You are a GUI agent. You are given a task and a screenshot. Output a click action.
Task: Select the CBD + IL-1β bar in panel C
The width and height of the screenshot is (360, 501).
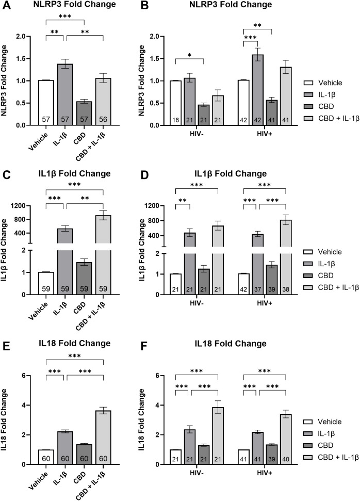pos(103,253)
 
